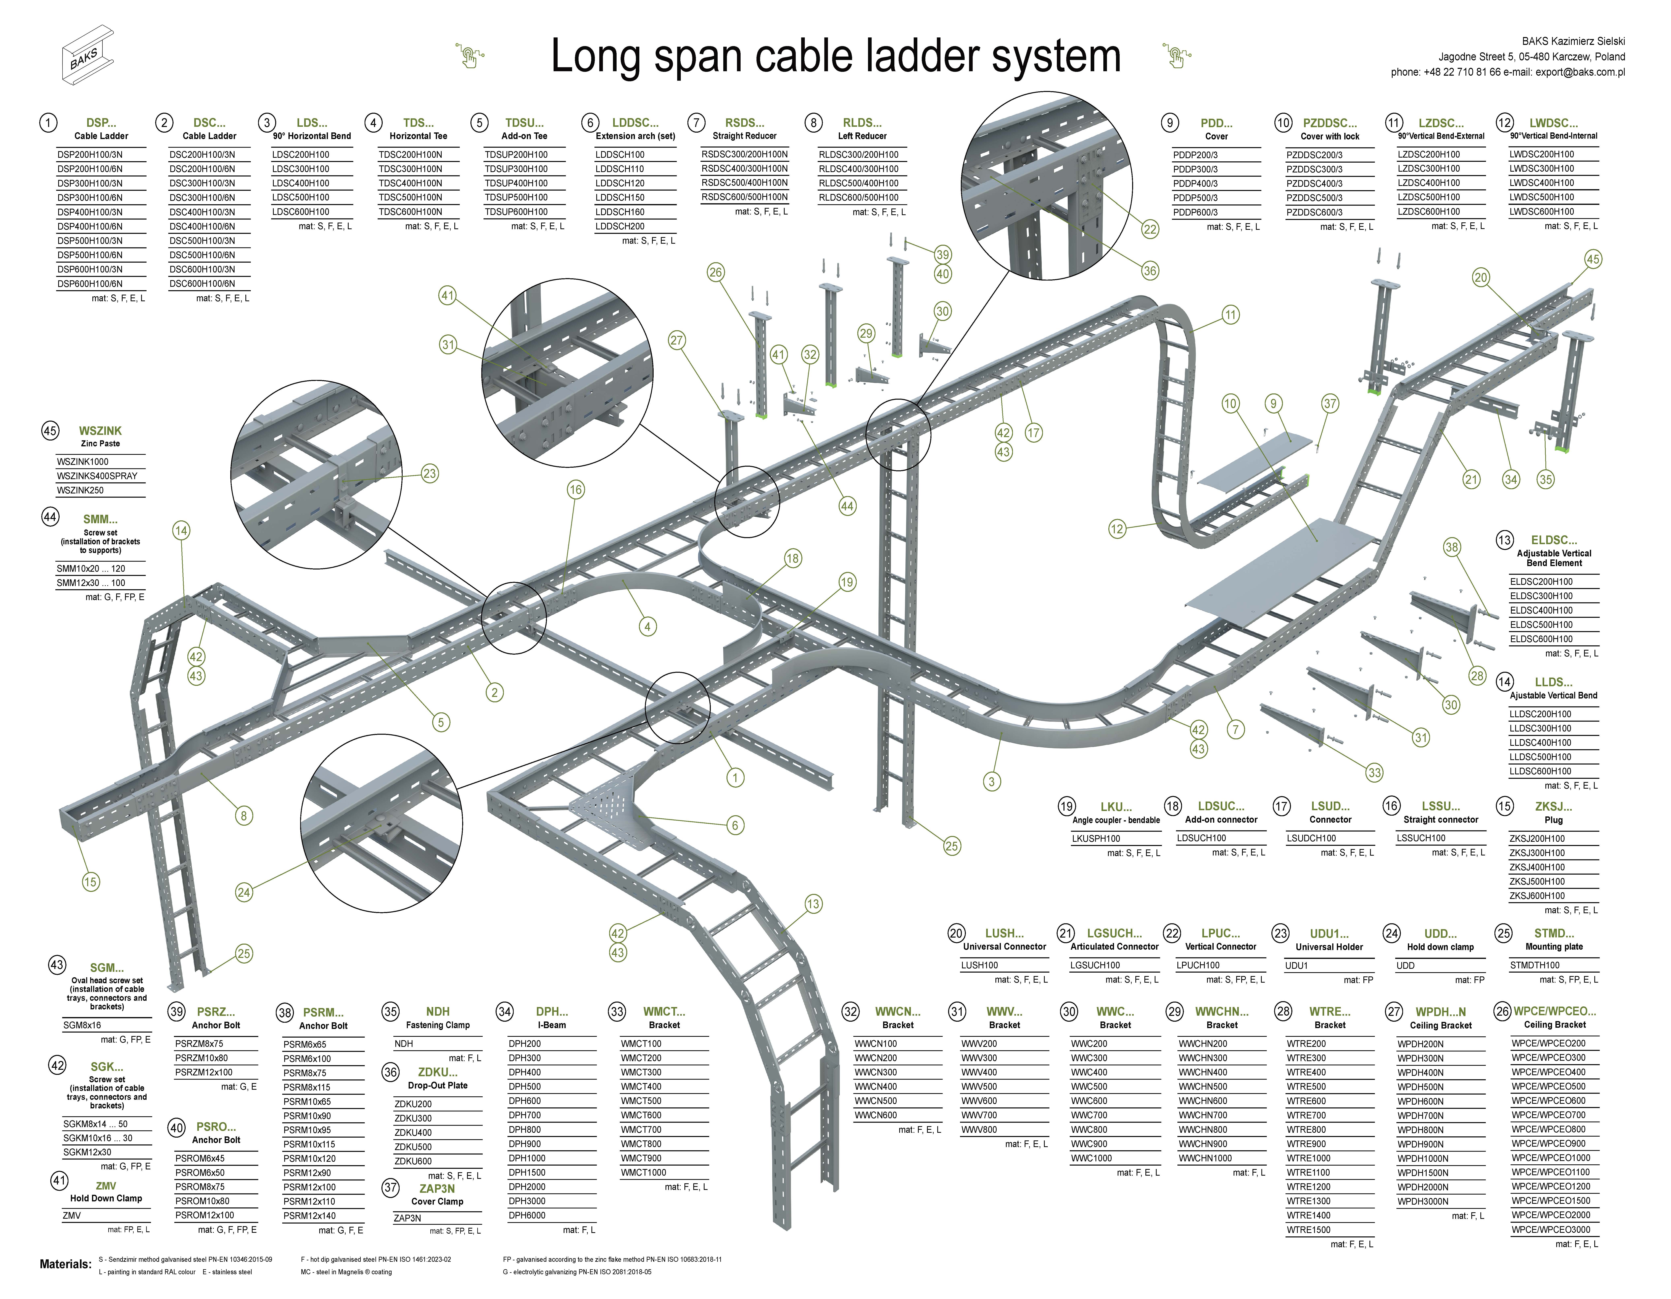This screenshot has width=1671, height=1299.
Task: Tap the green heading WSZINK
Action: (x=100, y=431)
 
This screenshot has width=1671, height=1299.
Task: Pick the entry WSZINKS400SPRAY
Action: (x=97, y=476)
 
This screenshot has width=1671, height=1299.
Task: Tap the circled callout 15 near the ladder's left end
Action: (x=90, y=882)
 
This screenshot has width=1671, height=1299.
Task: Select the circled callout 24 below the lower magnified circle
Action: (x=243, y=892)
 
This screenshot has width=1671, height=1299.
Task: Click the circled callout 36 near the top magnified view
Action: (x=1150, y=271)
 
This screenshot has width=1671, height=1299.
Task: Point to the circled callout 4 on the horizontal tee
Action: (x=647, y=626)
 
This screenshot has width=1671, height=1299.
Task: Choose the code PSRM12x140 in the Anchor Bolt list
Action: (x=309, y=1216)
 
